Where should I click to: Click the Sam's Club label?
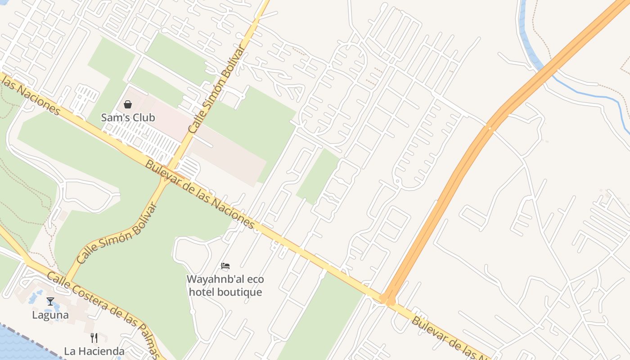coord(128,117)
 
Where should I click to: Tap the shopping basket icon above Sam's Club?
coord(128,104)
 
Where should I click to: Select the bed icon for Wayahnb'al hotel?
coord(225,266)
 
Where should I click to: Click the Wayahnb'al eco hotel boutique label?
coord(225,285)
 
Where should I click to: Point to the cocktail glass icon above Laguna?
coord(50,301)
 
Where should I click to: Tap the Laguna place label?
coord(50,315)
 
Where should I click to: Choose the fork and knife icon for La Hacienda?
coord(94,338)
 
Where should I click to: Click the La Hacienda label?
coord(94,351)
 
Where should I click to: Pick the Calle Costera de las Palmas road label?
coord(103,315)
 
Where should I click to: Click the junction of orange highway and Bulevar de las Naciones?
coord(388,299)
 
